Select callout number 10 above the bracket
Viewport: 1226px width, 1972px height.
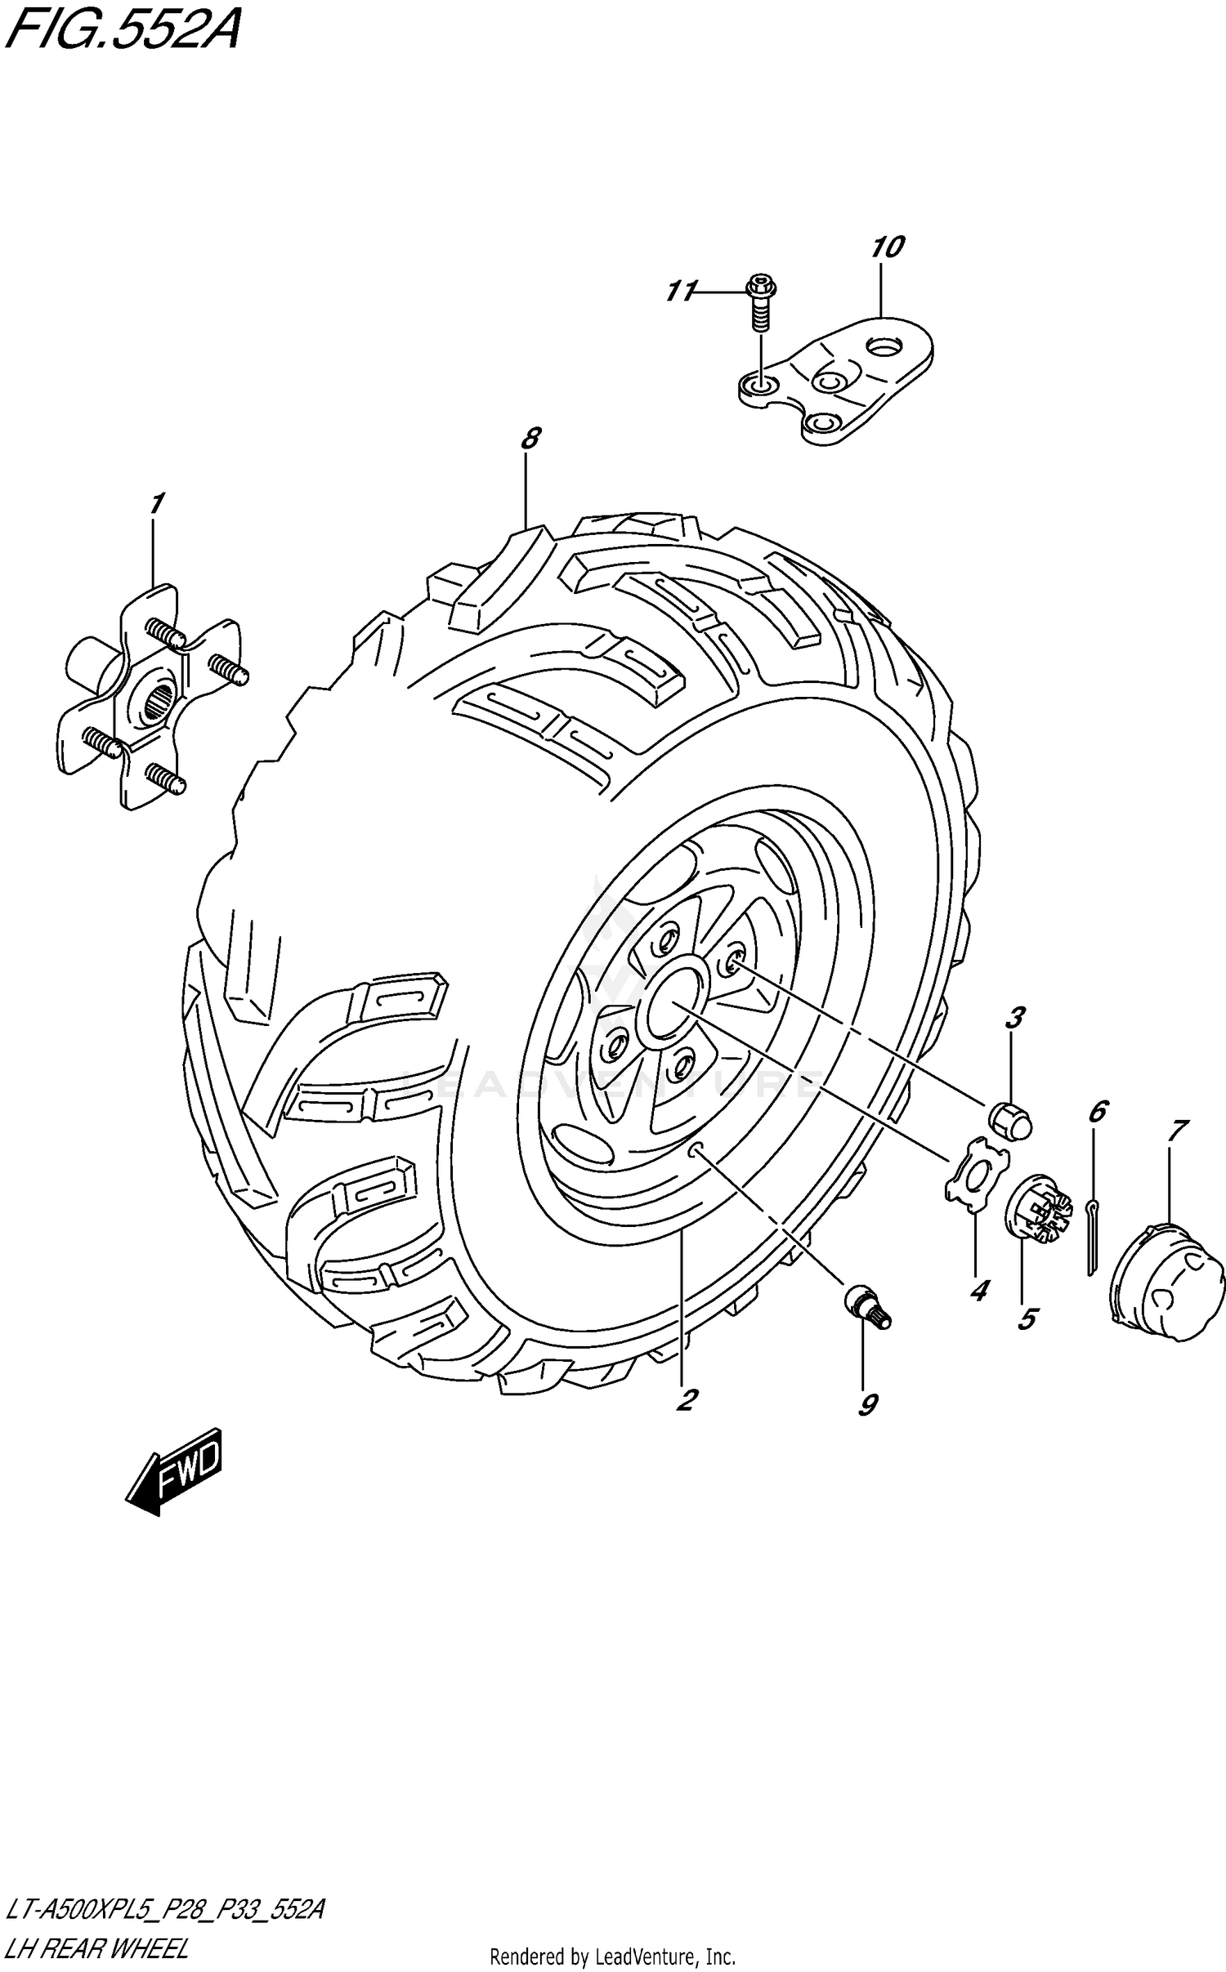coord(888,247)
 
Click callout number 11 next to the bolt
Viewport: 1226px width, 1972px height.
coord(680,290)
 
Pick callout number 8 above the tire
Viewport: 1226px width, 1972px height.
coord(530,439)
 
